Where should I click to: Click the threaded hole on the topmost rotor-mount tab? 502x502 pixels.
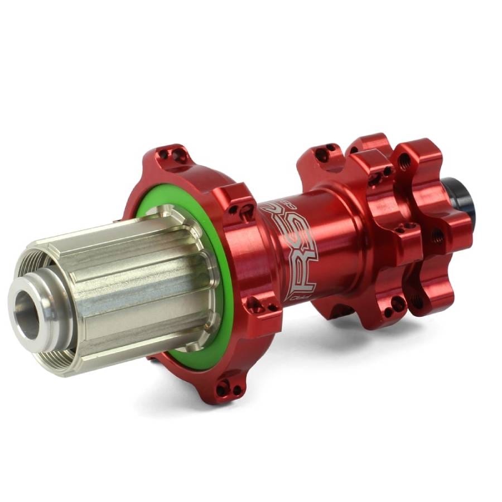[x=405, y=162]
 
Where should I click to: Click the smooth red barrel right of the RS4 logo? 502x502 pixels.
[x=340, y=240]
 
